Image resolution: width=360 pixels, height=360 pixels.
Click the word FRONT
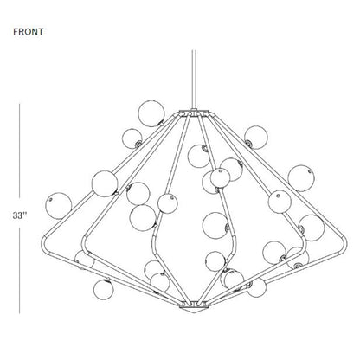29,32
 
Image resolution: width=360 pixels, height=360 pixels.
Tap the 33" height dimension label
20,215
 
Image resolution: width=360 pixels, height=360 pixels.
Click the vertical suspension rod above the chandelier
194,80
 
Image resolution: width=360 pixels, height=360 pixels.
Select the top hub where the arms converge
194,113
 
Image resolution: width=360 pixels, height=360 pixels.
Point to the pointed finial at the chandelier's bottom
194,310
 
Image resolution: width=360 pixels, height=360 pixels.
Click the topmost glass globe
151,113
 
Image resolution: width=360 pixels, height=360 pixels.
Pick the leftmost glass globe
59,206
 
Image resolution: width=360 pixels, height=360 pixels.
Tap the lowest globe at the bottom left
103,289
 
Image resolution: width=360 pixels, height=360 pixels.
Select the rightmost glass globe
312,228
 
